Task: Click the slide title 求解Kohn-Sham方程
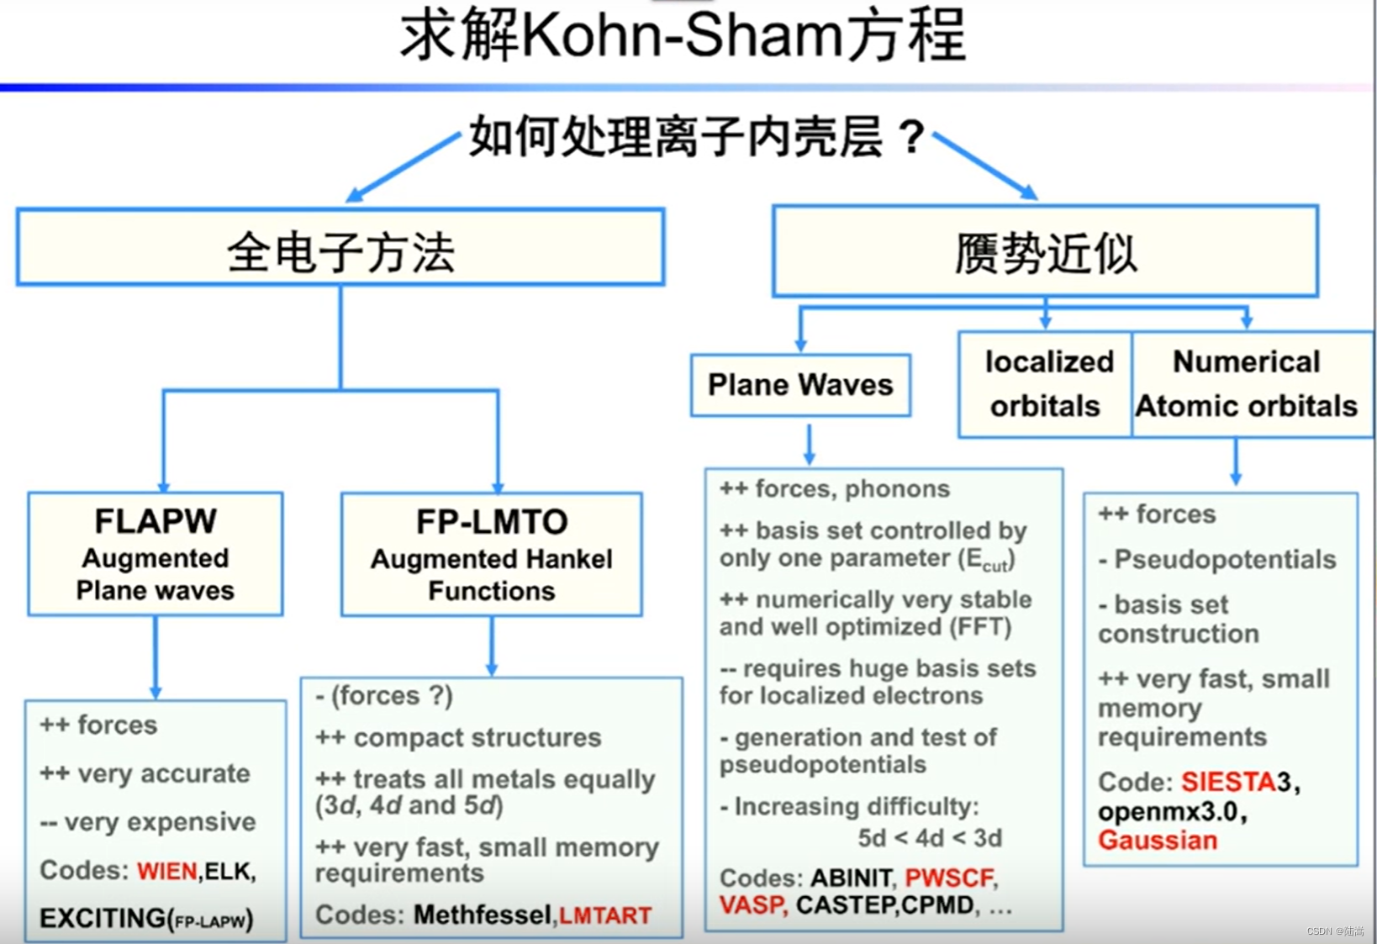[x=683, y=38]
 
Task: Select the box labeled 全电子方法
[x=340, y=248]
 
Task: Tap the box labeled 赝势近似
[x=1045, y=251]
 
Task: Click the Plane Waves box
[x=800, y=385]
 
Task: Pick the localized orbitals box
[x=1046, y=384]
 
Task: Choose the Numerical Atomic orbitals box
[x=1247, y=384]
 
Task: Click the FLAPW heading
[x=156, y=521]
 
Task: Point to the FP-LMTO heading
[x=492, y=522]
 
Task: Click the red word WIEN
[x=166, y=871]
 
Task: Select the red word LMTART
[x=605, y=915]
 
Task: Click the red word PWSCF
[x=949, y=878]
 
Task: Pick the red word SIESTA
[x=1228, y=783]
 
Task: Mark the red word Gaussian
[x=1158, y=841]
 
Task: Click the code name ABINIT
[x=851, y=878]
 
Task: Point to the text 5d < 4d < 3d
[x=930, y=838]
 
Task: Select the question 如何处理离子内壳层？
[x=697, y=137]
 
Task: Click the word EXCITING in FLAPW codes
[x=103, y=918]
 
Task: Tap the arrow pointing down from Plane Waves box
[x=809, y=445]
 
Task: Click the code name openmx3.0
[x=1168, y=812]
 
